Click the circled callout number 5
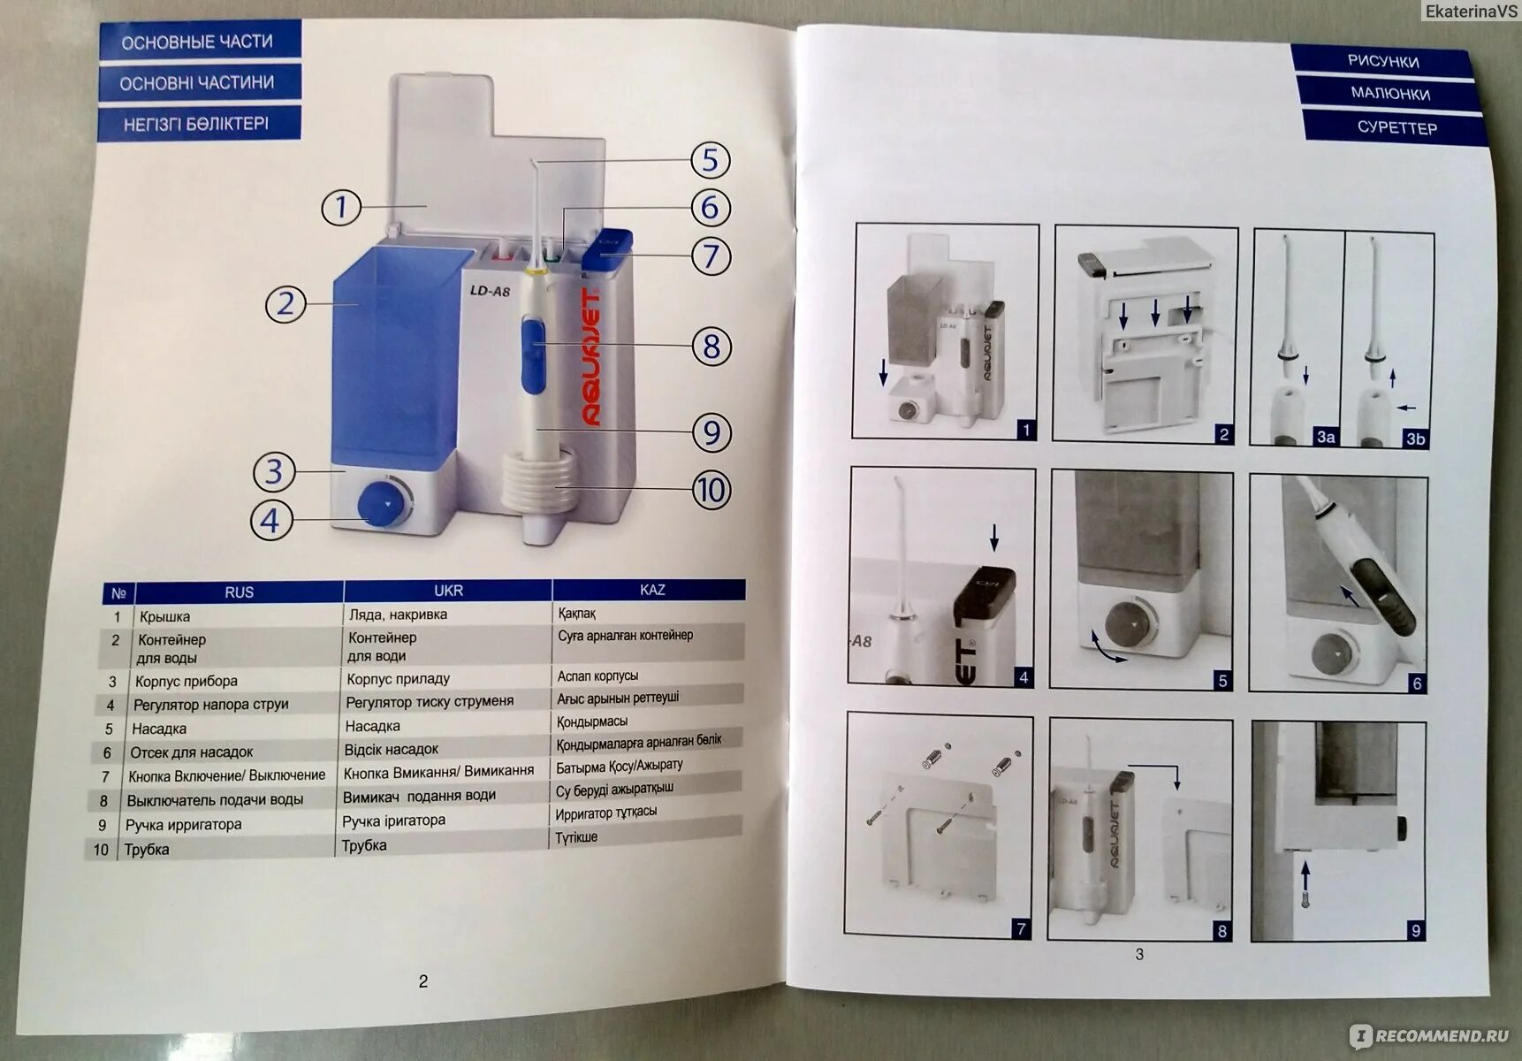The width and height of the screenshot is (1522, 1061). [710, 160]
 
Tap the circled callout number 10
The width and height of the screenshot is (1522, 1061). [711, 490]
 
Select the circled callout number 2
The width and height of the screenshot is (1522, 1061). [285, 304]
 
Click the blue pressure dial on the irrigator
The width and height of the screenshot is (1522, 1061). [382, 503]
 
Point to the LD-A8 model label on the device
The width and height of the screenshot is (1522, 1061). [490, 291]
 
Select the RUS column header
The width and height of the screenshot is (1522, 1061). [239, 592]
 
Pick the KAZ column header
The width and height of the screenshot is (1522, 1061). [652, 590]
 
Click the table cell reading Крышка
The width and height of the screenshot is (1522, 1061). [164, 616]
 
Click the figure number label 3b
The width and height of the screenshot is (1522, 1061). [1414, 439]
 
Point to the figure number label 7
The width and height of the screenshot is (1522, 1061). [1021, 928]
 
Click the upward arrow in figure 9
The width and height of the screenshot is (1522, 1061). [1305, 881]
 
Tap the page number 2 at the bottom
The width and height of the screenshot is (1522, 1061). [423, 981]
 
